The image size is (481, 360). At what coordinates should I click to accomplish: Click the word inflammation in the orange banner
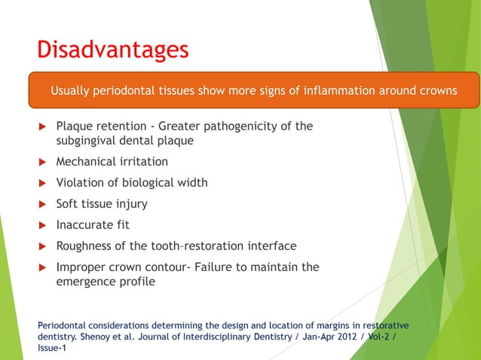tap(346, 91)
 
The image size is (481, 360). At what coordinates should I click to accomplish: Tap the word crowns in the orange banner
tap(435, 91)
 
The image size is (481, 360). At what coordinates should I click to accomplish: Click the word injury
tap(131, 203)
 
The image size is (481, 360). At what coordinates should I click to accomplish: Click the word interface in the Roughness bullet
tap(271, 246)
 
